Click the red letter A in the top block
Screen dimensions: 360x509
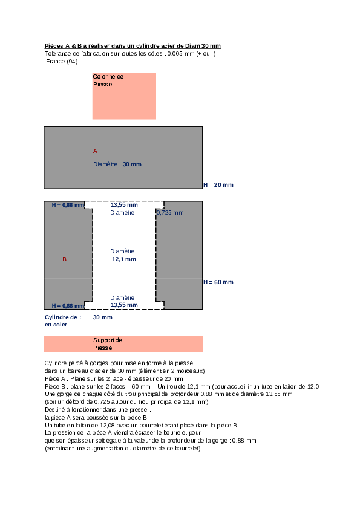(95, 151)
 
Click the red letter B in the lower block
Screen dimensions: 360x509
(64, 259)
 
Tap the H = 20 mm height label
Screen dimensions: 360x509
(218, 185)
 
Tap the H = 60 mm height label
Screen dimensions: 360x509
(218, 282)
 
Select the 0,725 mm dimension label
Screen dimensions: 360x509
(170, 213)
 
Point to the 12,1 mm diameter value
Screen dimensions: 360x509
(124, 259)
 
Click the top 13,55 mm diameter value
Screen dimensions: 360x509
(124, 204)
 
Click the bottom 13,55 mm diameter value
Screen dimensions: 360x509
(124, 305)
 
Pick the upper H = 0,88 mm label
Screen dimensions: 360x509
(68, 205)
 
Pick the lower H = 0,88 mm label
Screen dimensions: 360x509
(68, 306)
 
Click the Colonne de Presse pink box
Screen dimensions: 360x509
(124, 96)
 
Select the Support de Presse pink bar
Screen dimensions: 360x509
(123, 344)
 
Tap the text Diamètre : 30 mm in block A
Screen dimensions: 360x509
(117, 164)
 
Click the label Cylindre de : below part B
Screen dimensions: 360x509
(63, 317)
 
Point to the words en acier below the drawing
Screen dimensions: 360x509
(56, 325)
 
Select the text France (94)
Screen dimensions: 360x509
(62, 61)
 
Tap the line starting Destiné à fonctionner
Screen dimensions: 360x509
(98, 410)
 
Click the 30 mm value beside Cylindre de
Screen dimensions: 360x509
(103, 317)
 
